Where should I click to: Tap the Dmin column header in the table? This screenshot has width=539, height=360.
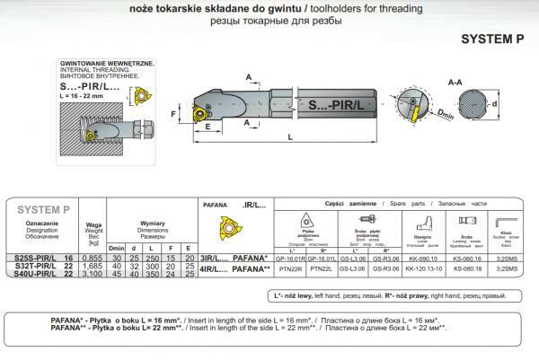pyautogui.click(x=115, y=248)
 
